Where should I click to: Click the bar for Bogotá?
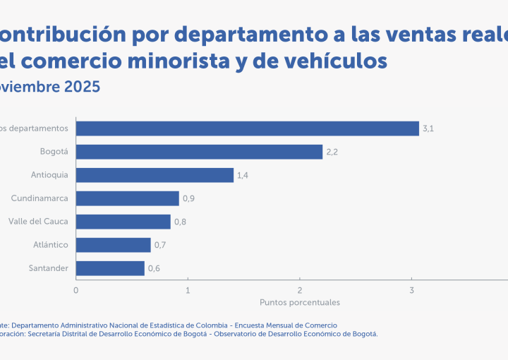[199, 152]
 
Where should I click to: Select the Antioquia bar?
[155, 175]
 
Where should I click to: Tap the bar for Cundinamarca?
[127, 198]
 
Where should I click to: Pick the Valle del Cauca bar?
[123, 222]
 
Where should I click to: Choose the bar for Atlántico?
[113, 245]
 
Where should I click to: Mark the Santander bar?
[110, 268]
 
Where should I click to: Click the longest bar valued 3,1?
[247, 128]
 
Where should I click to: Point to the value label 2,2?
[332, 152]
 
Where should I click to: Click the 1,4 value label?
[243, 175]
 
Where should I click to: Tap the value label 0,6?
[154, 268]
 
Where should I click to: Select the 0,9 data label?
[188, 198]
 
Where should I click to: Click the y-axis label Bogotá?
[54, 152]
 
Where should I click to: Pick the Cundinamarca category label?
[40, 198]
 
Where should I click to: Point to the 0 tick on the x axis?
[76, 290]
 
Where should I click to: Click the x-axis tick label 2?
[300, 290]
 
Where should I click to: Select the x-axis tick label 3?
[411, 290]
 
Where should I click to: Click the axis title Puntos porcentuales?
[300, 302]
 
